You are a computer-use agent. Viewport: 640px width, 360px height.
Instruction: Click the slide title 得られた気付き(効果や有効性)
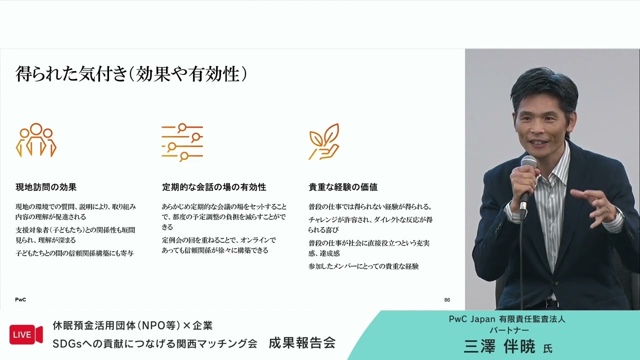[x=131, y=74]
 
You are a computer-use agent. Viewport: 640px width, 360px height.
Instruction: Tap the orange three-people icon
[x=36, y=140]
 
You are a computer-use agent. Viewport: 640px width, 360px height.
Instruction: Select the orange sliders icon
[x=182, y=142]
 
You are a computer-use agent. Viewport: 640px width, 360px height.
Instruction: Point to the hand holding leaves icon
[x=324, y=141]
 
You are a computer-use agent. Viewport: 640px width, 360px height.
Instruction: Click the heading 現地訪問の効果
[x=46, y=187]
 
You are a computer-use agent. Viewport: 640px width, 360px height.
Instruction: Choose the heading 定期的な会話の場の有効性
[x=214, y=187]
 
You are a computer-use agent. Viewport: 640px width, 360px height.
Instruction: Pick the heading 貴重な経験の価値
[x=343, y=187]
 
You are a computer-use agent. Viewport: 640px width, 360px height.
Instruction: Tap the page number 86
[x=447, y=300]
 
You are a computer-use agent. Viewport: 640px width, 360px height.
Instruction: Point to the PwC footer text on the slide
[x=20, y=300]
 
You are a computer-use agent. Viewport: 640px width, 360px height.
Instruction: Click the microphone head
[x=528, y=162]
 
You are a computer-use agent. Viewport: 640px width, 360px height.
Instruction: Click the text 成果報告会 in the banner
[x=302, y=343]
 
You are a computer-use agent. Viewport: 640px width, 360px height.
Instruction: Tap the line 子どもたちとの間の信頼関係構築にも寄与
[x=74, y=253]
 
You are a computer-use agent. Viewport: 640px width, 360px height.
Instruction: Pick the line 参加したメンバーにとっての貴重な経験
[x=363, y=266]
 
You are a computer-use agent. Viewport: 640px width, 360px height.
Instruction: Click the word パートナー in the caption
[x=509, y=330]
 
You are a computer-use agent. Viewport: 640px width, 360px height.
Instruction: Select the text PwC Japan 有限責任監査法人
[x=507, y=319]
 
